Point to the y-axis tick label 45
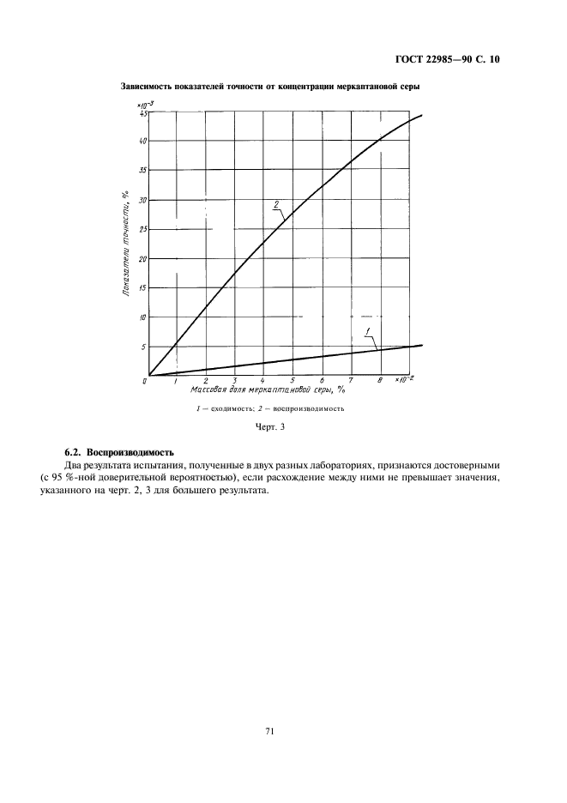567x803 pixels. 142,113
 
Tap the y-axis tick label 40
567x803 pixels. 142,141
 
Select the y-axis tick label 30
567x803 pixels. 142,200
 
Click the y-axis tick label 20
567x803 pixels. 142,258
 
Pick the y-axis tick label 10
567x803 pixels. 142,317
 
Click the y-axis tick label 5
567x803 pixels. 143,347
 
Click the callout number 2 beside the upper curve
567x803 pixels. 276,204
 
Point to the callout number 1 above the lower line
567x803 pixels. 366,331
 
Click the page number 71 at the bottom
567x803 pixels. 269,731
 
